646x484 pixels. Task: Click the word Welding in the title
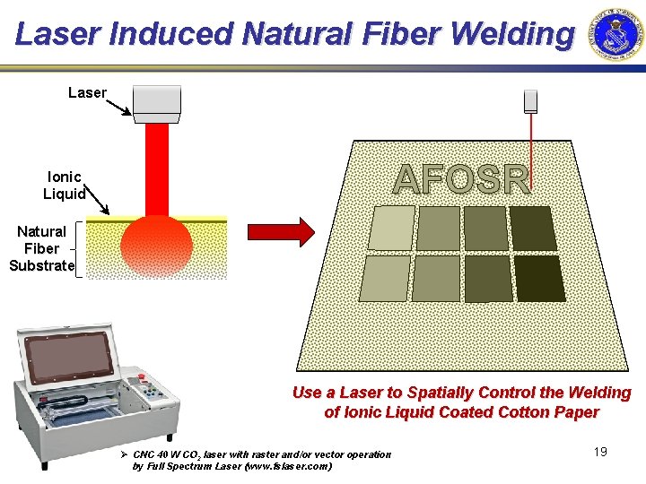512,34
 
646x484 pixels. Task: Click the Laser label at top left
87,92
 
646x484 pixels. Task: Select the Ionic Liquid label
64,186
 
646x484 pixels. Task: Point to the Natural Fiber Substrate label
41,248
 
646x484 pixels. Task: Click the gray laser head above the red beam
157,103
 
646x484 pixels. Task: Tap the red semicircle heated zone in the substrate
157,245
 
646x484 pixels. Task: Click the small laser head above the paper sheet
530,100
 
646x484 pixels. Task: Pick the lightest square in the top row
391,228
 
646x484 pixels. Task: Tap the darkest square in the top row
533,228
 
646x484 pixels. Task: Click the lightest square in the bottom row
384,278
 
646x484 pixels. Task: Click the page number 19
600,452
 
